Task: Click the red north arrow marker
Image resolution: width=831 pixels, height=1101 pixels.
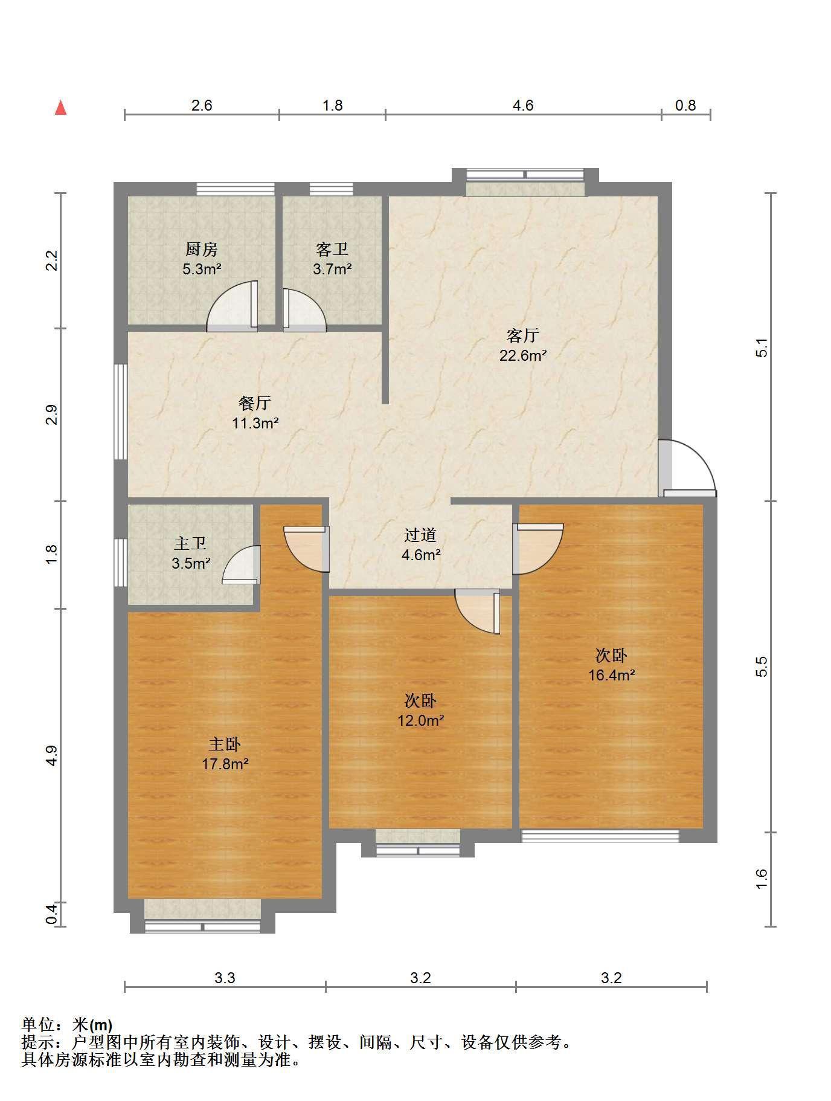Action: [60, 108]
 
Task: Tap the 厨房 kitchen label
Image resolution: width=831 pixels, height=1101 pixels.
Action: [202, 249]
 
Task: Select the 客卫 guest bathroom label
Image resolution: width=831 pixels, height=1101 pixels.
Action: [332, 249]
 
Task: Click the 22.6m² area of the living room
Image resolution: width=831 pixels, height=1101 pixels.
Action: [523, 355]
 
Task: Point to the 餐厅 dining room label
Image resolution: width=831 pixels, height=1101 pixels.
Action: [255, 403]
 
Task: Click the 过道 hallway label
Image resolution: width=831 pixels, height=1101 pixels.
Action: [420, 535]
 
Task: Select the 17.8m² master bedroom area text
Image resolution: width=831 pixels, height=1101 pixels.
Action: [225, 764]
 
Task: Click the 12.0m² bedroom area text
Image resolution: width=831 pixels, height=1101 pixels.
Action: [421, 720]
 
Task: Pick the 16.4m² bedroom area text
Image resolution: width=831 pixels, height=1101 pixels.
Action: [612, 675]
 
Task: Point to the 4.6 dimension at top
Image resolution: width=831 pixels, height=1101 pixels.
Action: [523, 105]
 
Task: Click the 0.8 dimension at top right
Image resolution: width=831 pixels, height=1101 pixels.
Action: [685, 105]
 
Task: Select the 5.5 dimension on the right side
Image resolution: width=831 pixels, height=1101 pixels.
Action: [762, 666]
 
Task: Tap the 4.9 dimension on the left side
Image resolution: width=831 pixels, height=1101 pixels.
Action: [52, 756]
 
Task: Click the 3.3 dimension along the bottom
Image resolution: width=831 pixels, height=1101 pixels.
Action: [225, 977]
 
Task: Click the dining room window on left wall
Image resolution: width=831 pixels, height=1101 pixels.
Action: [121, 412]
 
